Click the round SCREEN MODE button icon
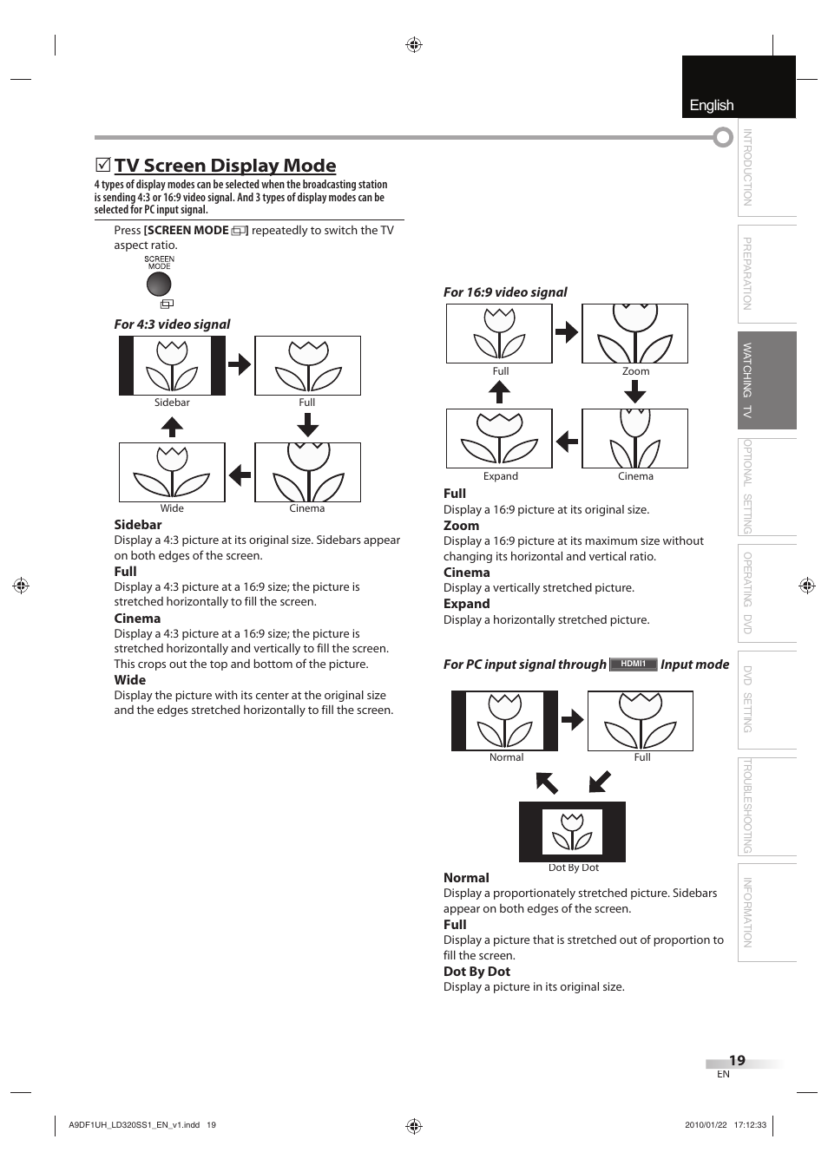pos(159,284)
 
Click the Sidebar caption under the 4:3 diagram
pos(172,403)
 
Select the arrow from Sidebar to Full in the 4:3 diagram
pos(240,364)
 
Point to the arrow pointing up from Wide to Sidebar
pos(172,427)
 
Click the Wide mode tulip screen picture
pos(172,472)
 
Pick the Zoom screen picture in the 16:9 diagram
pos(634,334)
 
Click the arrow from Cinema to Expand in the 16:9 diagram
pos(567,441)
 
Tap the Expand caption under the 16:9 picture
pos(500,476)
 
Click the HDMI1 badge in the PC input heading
pos(633,664)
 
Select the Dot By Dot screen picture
pos(572,831)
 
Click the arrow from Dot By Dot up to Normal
pos(547,783)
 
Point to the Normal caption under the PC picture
pos(506,757)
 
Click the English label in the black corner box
pos(712,105)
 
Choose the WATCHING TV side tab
pos(766,380)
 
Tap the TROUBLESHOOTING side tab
pos(766,806)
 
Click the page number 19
pos(737,1060)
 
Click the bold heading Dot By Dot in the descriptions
pos(476,972)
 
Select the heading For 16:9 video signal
pos(505,292)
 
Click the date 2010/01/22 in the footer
pos(704,1125)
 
